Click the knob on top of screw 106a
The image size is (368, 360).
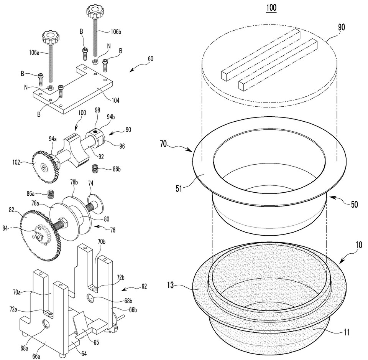(x=49, y=38)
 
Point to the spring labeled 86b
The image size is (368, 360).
(x=95, y=168)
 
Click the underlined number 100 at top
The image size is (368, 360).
(x=271, y=7)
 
